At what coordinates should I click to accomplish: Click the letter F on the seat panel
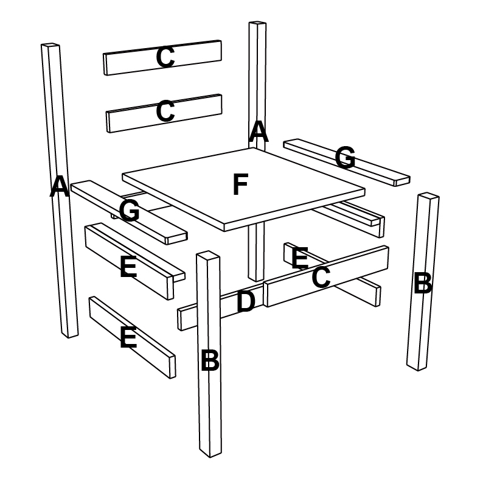pos(240,184)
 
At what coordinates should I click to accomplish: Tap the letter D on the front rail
pos(246,301)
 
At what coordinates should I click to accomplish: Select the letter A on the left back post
pos(60,186)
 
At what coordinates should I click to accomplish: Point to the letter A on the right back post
pos(259,132)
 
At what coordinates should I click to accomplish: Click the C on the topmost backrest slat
pos(165,57)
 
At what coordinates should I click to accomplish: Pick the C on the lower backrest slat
pos(165,111)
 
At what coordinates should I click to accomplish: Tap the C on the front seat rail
pos(321,277)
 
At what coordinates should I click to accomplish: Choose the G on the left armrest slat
pos(129,210)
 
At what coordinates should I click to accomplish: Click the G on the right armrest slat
pos(345,158)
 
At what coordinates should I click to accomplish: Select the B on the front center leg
pos(210,360)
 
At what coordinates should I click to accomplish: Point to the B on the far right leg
pos(423,283)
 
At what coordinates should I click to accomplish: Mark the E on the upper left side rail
pos(128,267)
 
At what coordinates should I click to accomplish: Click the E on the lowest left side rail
pos(128,337)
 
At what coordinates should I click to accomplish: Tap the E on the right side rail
pos(300,258)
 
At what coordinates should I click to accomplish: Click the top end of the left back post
pos(50,45)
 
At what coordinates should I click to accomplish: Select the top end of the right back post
pos(258,23)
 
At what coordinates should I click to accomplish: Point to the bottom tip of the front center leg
pos(210,457)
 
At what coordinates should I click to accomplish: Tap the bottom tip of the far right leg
pos(418,370)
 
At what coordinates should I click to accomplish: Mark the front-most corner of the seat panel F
pos(224,227)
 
